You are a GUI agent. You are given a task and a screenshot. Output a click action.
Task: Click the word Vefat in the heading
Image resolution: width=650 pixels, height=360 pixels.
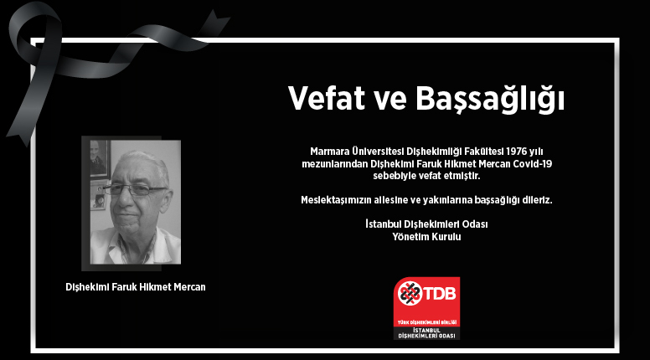point(326,98)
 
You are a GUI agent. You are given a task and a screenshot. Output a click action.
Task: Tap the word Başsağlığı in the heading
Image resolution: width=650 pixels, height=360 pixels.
point(490,99)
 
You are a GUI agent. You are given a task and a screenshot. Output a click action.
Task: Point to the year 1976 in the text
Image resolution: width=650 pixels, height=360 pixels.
point(517,152)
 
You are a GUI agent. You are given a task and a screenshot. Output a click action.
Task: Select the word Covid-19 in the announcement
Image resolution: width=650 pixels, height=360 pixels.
point(532,164)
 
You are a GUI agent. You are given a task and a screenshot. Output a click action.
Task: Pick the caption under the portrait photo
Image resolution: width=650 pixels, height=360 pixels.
point(136,287)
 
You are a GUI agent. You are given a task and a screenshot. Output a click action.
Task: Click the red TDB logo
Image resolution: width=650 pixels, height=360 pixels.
point(426,308)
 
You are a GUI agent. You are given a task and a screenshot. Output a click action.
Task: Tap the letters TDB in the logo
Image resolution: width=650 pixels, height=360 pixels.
point(440,294)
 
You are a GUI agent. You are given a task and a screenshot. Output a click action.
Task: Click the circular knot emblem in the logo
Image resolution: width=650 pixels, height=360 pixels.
point(410,294)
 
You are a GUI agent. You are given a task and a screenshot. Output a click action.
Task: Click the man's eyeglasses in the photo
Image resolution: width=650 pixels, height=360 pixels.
point(136,190)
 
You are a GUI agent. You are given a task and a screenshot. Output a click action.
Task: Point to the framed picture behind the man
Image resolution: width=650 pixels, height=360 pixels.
point(100,159)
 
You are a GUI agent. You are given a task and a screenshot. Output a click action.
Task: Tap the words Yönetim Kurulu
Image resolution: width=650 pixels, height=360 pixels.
point(426,237)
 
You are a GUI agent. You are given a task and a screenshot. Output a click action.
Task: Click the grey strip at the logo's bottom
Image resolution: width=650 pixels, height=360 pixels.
point(426,333)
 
